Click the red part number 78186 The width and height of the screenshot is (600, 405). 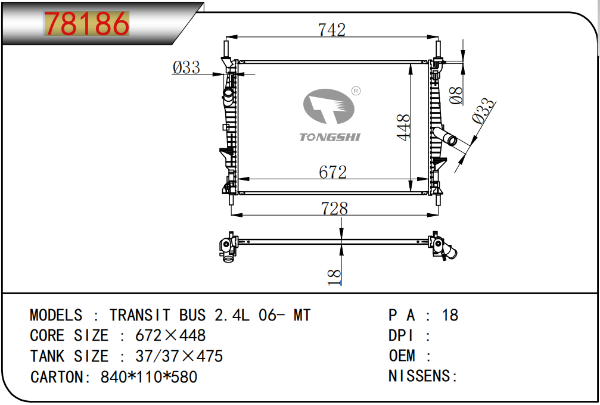tap(86, 23)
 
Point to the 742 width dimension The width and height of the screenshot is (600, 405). tap(332, 30)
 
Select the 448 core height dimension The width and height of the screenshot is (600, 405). tap(404, 127)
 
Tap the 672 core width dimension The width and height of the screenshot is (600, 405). tap(332, 172)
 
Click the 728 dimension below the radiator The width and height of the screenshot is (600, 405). tap(334, 208)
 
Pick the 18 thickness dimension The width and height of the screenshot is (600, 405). tap(334, 277)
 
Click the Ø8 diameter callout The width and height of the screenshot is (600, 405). tap(456, 95)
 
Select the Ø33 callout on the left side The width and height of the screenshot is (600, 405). tap(186, 68)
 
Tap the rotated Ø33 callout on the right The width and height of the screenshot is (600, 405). tap(484, 111)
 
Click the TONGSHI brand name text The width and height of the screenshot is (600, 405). tap(329, 138)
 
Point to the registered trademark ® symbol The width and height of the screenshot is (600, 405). tap(356, 91)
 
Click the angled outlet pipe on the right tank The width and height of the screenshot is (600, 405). tap(444, 136)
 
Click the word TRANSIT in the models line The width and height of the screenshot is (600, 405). tap(139, 315)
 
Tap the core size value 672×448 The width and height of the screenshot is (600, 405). tap(170, 335)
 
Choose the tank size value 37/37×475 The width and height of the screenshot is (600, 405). tap(179, 356)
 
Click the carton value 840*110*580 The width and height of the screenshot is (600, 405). tap(149, 376)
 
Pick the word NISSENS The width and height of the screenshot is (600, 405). tap(420, 376)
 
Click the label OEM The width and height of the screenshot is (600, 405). tap(402, 356)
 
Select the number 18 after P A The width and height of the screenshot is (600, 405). tap(450, 315)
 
